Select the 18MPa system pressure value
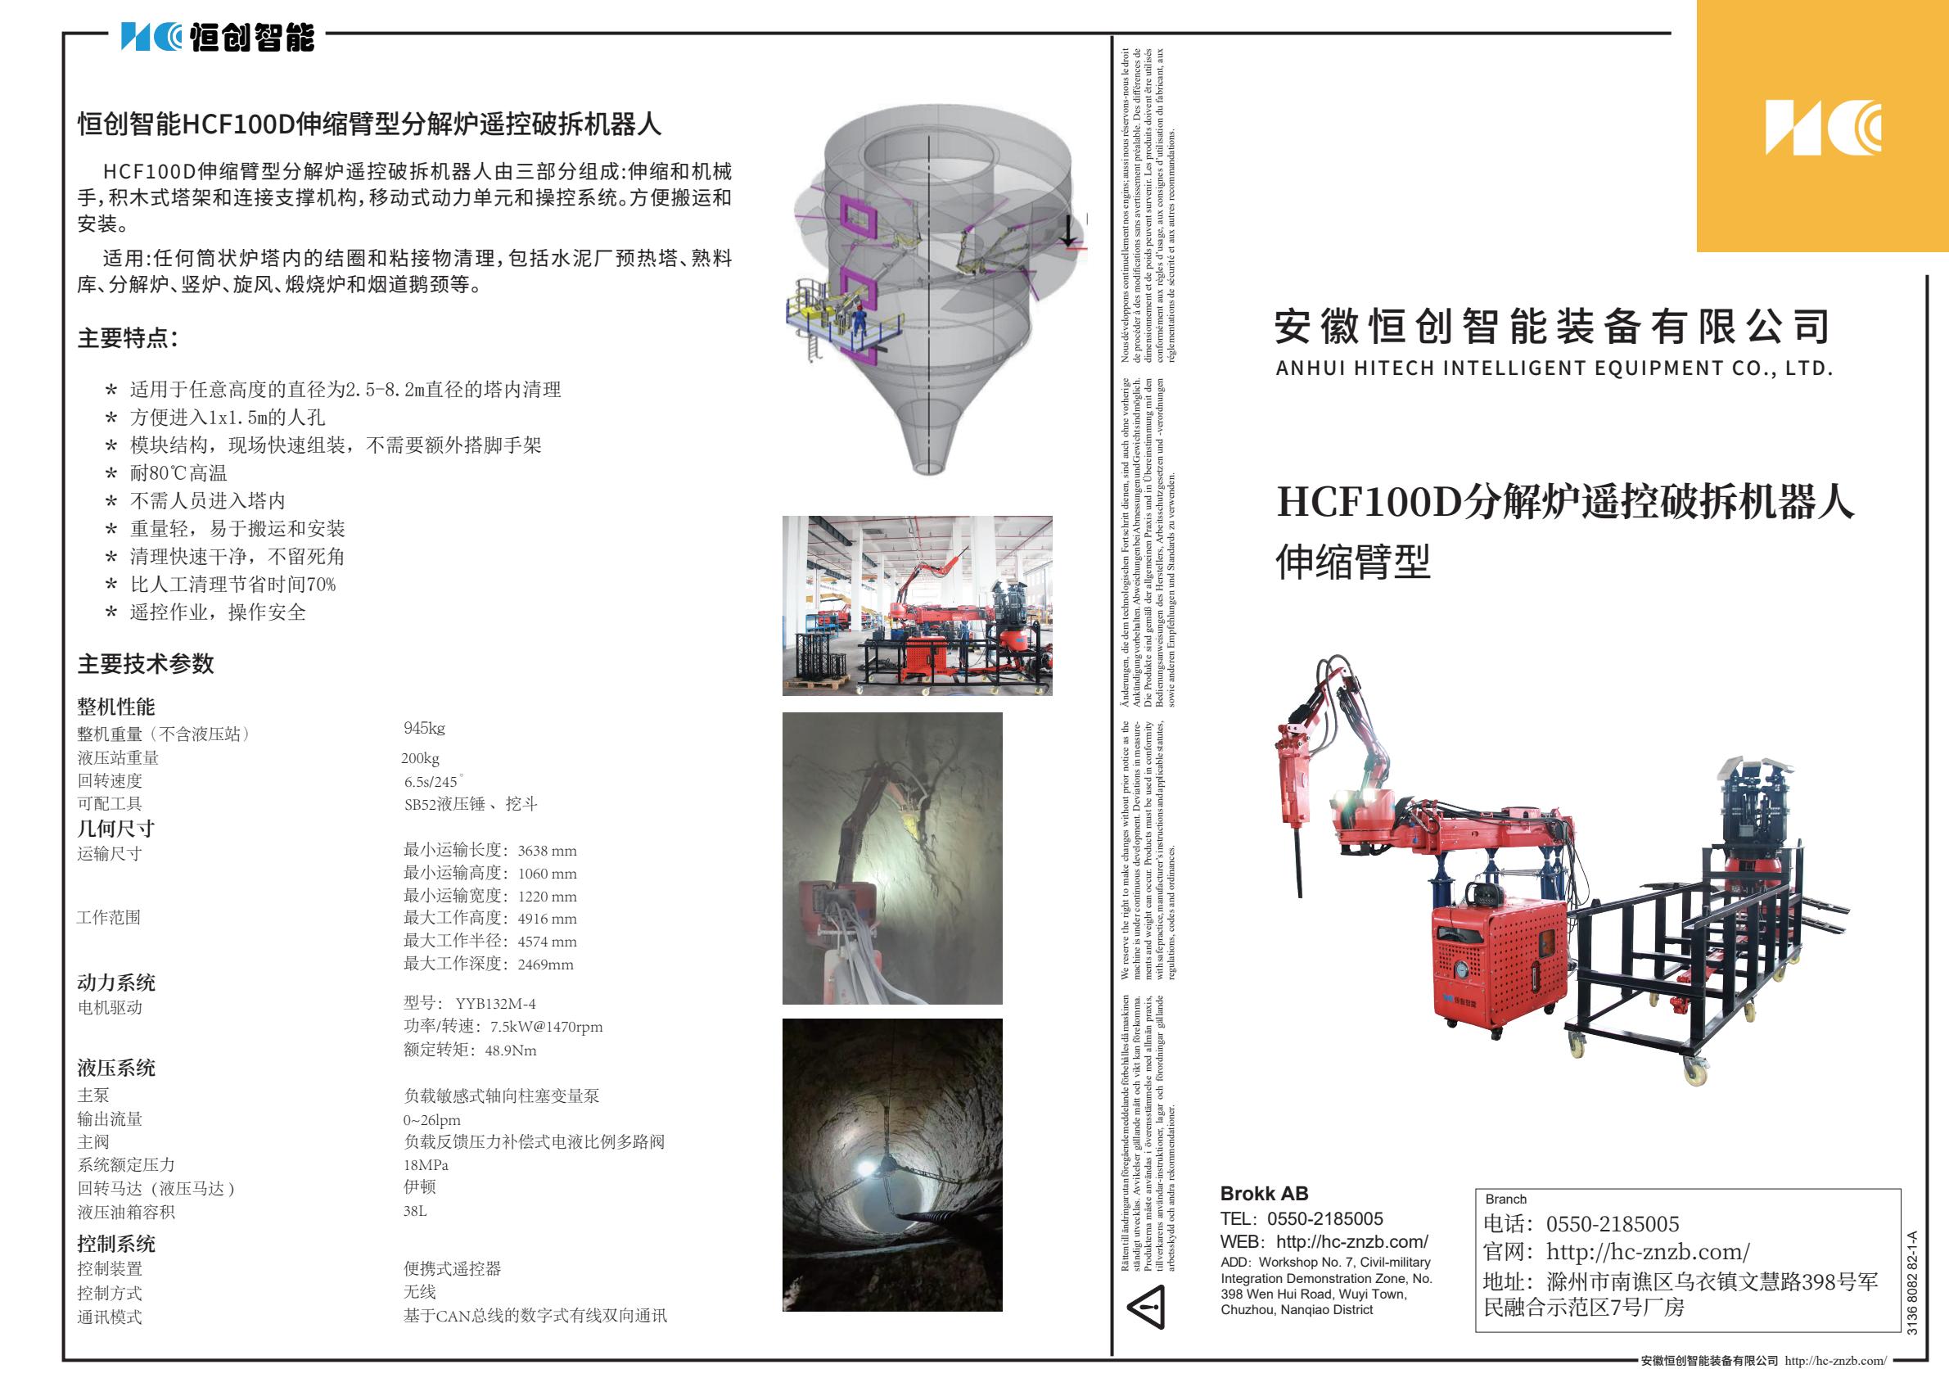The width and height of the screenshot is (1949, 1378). (426, 1165)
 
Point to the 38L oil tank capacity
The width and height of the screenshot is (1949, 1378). (415, 1211)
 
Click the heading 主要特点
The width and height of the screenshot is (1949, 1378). (128, 338)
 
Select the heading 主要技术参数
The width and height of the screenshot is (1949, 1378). (145, 663)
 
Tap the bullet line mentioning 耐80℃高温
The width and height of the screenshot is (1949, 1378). (178, 473)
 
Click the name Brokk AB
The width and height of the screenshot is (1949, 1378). (1263, 1193)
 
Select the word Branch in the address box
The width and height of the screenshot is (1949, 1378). (1505, 1199)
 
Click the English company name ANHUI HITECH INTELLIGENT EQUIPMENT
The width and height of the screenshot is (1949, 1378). (1554, 368)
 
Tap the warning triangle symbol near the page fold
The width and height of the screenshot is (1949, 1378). (1146, 1307)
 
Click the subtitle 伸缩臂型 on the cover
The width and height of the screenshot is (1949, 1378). (1352, 562)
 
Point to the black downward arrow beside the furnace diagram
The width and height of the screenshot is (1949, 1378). (1070, 230)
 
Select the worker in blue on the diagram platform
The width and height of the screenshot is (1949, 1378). (861, 323)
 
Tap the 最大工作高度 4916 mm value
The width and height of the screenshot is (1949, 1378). (490, 919)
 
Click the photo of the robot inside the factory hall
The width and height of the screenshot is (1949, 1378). (917, 605)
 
